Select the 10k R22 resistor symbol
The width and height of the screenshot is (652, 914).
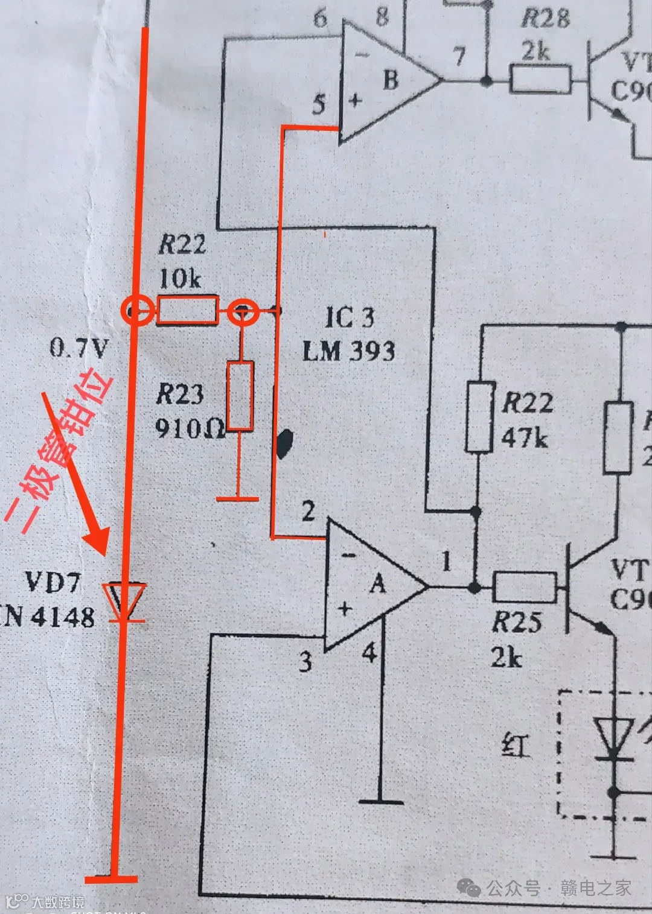click(x=187, y=310)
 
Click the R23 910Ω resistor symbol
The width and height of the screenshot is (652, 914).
click(x=240, y=396)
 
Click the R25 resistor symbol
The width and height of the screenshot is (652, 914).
click(x=524, y=587)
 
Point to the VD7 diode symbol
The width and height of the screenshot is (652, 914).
click(x=124, y=601)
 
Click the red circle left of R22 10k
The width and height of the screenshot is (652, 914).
click(x=136, y=311)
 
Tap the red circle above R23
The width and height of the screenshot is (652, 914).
click(x=243, y=311)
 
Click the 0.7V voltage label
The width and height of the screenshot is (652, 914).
click(x=79, y=348)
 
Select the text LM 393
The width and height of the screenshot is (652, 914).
click(x=348, y=351)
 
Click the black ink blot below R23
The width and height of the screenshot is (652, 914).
click(x=284, y=443)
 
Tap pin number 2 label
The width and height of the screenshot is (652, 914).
click(x=308, y=512)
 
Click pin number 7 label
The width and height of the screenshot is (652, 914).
click(x=459, y=57)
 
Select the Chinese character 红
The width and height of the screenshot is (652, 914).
click(x=516, y=747)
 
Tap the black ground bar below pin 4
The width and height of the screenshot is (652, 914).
click(x=381, y=801)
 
